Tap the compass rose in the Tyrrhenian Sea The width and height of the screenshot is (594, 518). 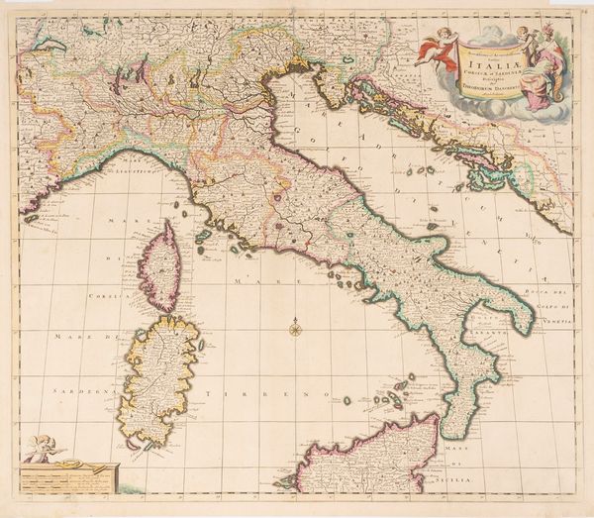tap(295, 327)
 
